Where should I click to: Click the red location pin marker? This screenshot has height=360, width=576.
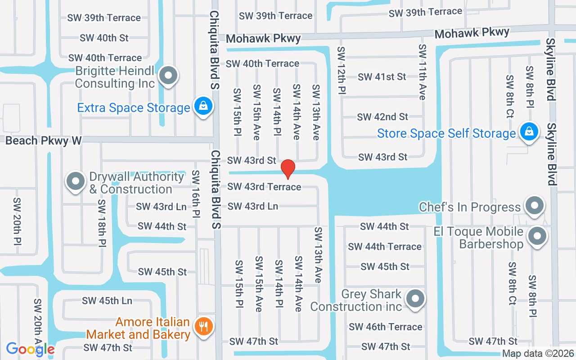(x=288, y=168)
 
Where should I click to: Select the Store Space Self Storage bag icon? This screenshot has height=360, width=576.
(x=529, y=132)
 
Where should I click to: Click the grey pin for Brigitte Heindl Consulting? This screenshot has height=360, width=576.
(x=169, y=75)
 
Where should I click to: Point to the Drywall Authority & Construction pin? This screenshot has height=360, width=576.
(x=76, y=181)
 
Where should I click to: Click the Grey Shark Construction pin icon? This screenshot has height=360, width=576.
(x=415, y=298)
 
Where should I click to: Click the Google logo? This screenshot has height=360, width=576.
(x=31, y=349)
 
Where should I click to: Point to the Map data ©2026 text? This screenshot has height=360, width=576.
(x=537, y=354)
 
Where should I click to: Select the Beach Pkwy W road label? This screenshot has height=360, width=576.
(x=43, y=141)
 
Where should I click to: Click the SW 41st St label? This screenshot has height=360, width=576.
(x=382, y=77)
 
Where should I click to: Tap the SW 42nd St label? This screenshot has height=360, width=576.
(x=382, y=117)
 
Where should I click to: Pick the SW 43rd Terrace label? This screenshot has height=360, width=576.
(x=264, y=186)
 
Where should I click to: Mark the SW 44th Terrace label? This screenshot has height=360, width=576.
(x=385, y=247)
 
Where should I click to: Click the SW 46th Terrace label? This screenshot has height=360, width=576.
(x=386, y=327)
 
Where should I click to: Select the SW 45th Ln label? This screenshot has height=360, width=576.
(x=107, y=301)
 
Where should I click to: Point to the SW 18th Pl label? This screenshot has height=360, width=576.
(x=102, y=224)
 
